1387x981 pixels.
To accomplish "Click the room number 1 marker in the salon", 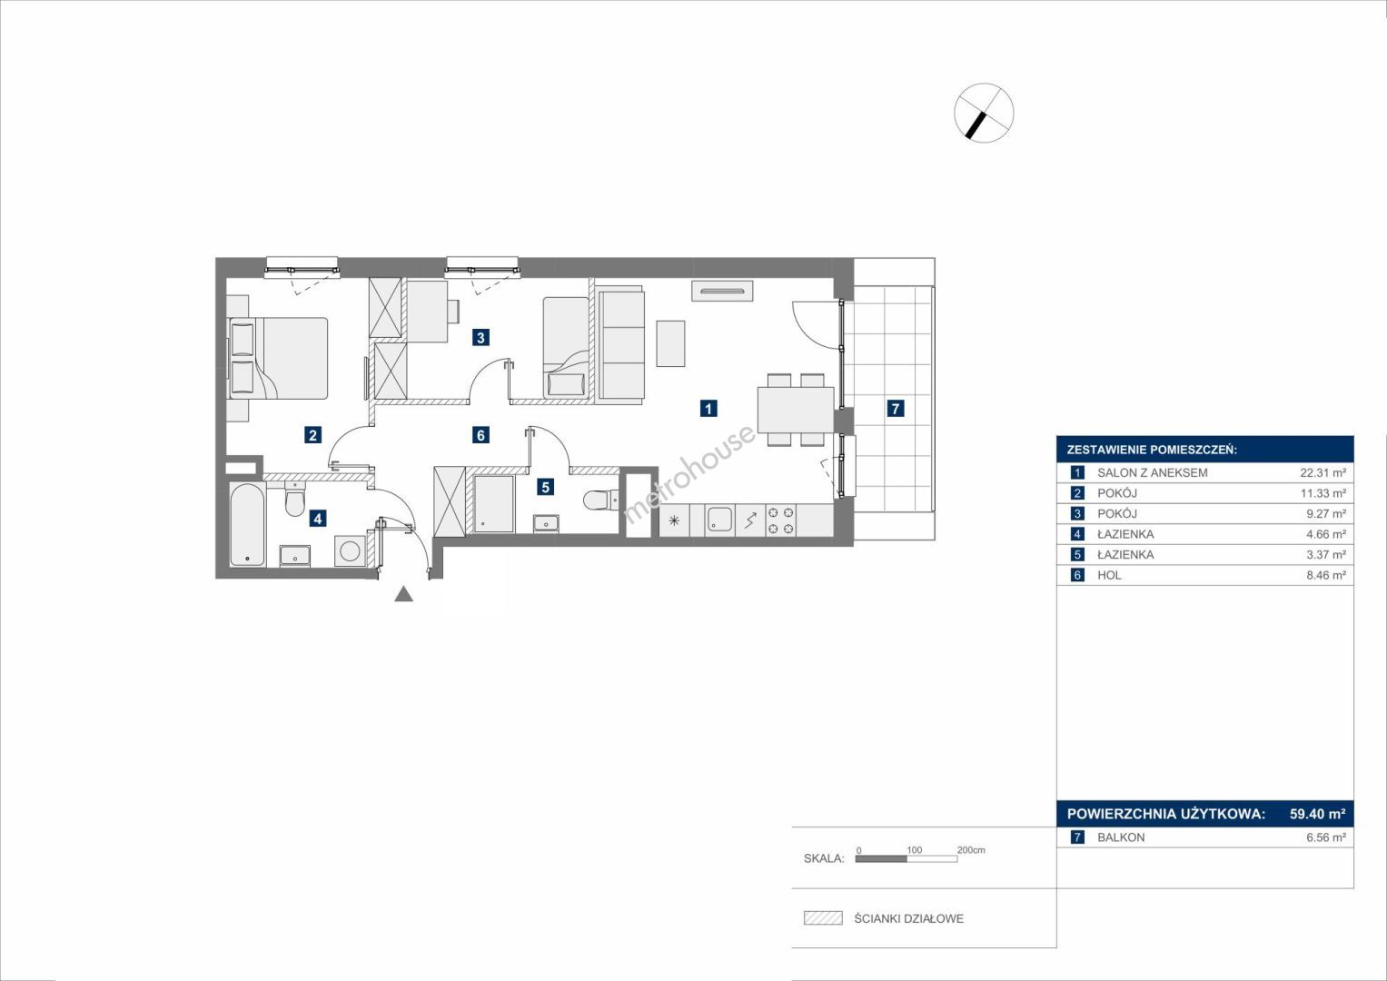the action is (708, 408).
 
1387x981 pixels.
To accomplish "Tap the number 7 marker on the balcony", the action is (896, 408).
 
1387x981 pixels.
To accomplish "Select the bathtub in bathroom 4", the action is (248, 525).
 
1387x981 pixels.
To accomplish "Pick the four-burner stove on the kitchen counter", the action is (781, 520).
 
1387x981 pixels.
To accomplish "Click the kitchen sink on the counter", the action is (720, 520).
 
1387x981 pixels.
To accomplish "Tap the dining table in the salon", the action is (796, 410).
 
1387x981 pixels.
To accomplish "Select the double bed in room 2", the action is (278, 358).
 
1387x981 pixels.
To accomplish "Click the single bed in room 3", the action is (566, 346).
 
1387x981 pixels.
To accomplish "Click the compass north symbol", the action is (984, 113).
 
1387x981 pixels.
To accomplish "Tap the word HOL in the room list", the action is (1109, 575).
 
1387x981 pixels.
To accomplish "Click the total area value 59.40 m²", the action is (1318, 813).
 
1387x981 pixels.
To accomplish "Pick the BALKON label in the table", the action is (1121, 837).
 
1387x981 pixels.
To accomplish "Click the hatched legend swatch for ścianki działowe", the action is (823, 917).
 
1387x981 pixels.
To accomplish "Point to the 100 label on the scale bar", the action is (915, 849).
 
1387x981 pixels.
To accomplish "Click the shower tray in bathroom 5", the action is (493, 503).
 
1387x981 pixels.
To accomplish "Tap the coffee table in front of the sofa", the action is (670, 343).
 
